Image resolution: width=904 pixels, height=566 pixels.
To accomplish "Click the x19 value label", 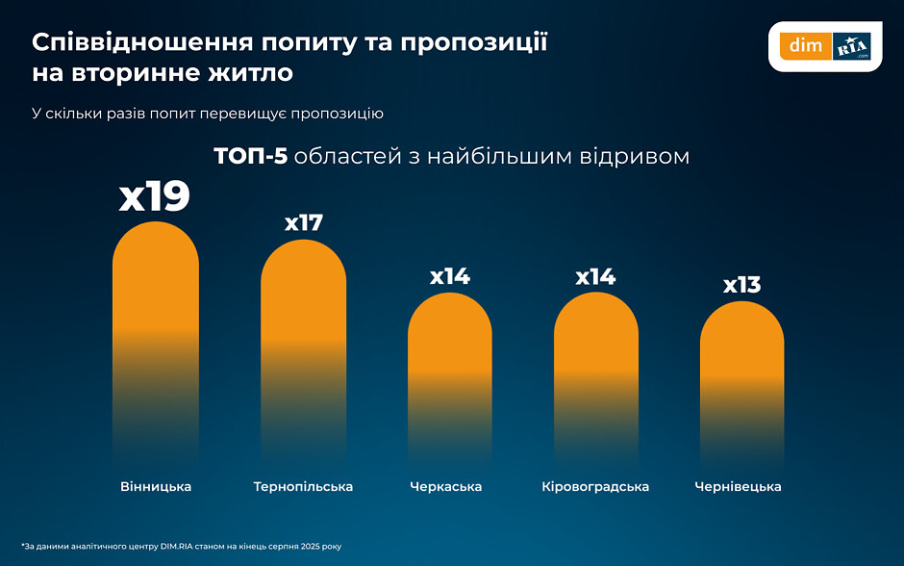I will click(x=155, y=196).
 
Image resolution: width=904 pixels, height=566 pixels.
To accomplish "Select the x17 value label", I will click(x=303, y=222).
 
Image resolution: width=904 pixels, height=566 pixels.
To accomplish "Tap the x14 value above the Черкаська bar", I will click(x=449, y=277).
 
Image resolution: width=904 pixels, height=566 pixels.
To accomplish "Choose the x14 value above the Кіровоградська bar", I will click(x=595, y=277).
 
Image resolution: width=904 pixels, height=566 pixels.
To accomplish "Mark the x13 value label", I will click(x=741, y=285).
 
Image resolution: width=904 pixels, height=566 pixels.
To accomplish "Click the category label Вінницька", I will click(x=156, y=487).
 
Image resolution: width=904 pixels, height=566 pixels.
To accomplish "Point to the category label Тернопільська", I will click(x=303, y=487).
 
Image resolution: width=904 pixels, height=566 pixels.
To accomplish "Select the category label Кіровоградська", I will click(x=595, y=487).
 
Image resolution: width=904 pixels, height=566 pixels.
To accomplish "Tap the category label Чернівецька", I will click(x=738, y=487).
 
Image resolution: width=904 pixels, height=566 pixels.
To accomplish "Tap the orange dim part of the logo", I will click(x=802, y=45).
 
